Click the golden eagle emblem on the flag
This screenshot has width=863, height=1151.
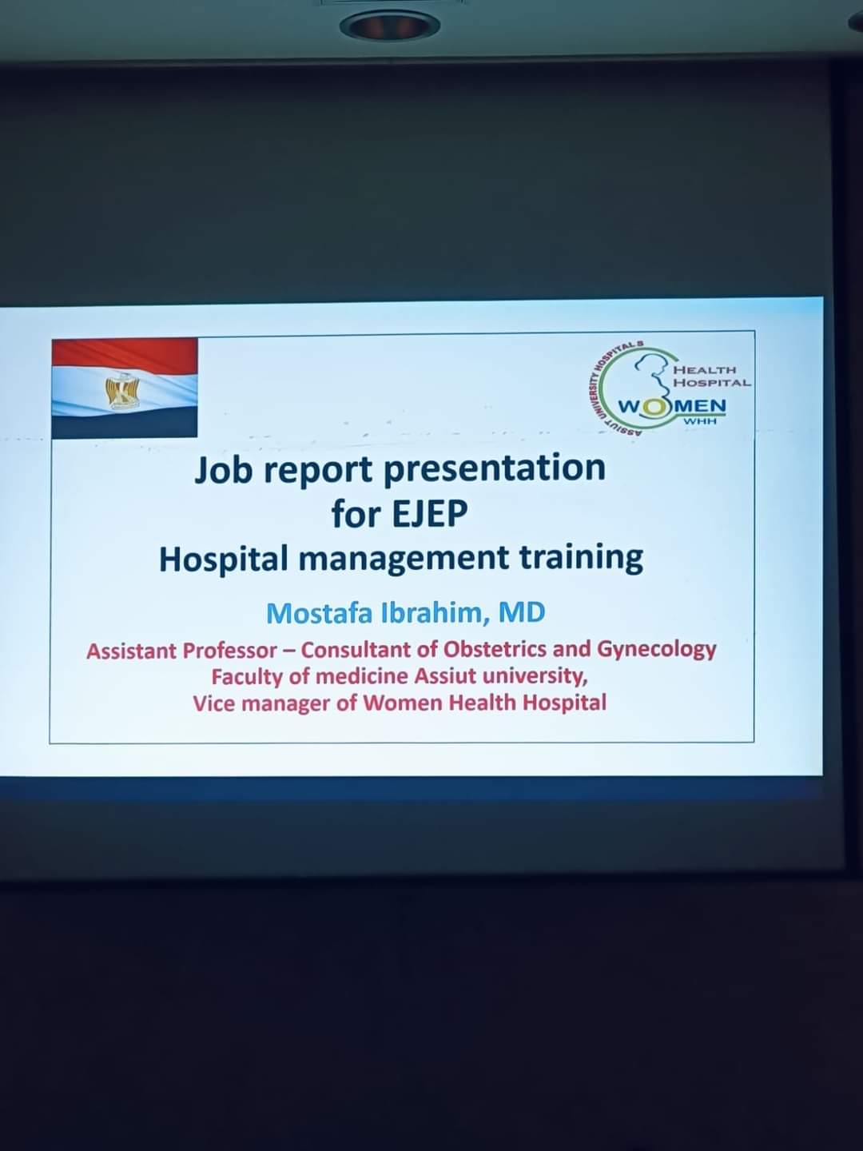123,391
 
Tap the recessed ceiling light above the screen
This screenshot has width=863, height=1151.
389,26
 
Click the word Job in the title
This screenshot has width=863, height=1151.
224,469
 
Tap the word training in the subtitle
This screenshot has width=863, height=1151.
581,559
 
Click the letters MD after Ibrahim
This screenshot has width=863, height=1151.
521,612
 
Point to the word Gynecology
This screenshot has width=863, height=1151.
656,650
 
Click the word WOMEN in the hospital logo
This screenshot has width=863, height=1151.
672,406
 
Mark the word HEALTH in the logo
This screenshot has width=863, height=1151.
705,371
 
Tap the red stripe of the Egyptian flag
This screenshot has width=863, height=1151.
125,353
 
